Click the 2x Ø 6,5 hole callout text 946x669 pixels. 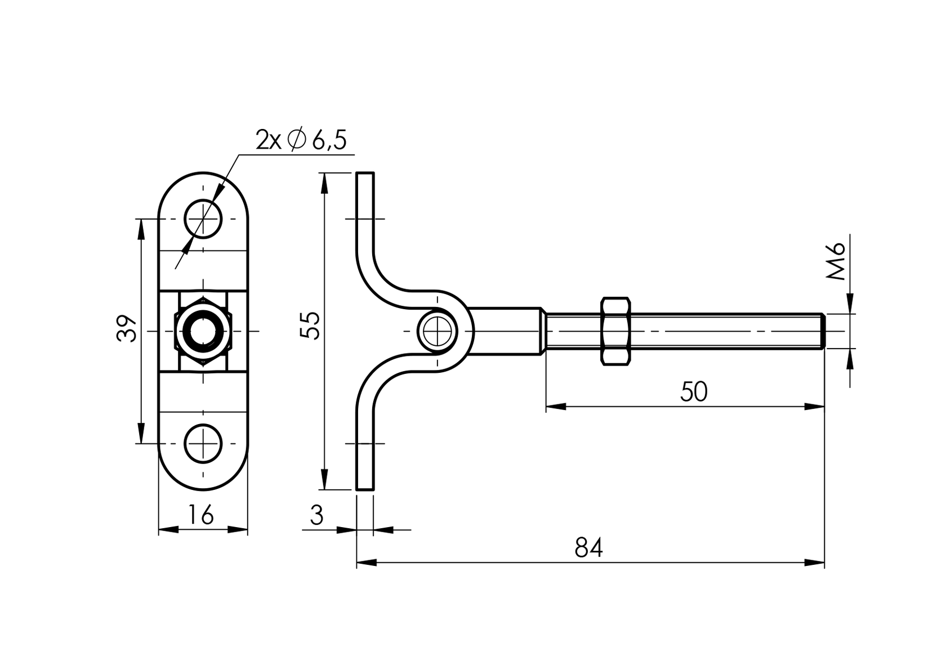[301, 140]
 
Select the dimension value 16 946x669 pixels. [200, 515]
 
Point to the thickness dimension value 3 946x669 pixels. [317, 515]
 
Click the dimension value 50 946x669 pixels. [693, 392]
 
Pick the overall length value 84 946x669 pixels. [588, 548]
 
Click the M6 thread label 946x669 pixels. [837, 262]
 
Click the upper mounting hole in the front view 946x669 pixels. [203, 218]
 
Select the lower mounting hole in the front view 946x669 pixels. [203, 443]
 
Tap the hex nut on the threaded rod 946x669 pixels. [616, 331]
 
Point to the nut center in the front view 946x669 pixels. [203, 331]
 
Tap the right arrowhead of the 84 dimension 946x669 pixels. [816, 562]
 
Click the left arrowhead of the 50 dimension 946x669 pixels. [555, 406]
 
